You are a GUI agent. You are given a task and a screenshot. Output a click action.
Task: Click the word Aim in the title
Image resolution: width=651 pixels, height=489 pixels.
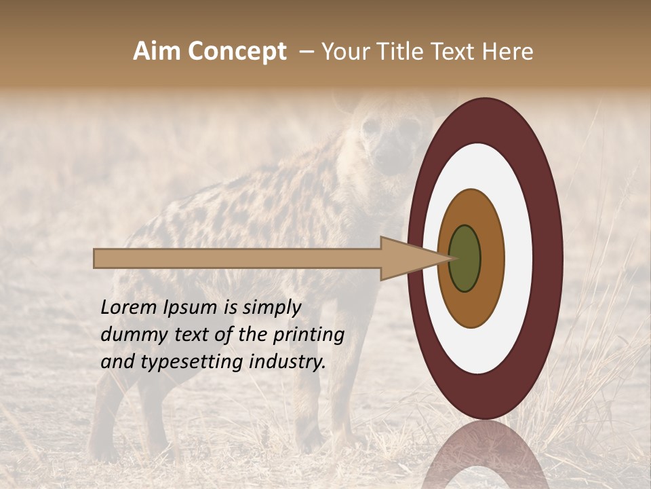pyautogui.click(x=157, y=52)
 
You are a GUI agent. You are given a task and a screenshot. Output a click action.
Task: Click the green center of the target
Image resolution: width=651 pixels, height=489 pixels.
pyautogui.click(x=465, y=259)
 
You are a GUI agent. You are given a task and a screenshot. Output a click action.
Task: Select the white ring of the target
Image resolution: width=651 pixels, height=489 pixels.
pyautogui.click(x=515, y=259)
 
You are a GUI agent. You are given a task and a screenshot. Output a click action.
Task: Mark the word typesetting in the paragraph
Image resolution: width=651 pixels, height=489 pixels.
pyautogui.click(x=178, y=363)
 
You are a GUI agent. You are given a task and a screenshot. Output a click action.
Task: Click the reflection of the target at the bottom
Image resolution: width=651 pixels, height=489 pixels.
pyautogui.click(x=486, y=455)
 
